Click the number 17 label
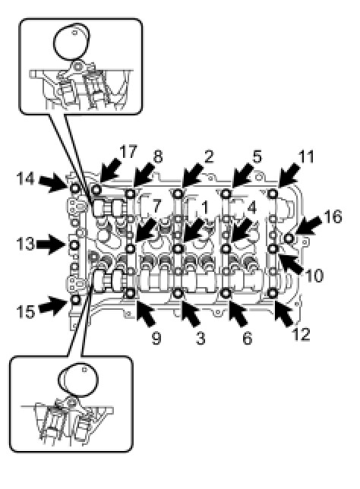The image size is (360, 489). click(128, 152)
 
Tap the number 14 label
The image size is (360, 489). click(25, 179)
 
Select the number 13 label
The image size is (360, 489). click(25, 244)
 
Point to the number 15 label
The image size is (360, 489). click(25, 311)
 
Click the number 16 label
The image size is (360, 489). click(333, 216)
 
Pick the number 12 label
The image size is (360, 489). click(301, 334)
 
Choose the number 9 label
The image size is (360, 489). click(156, 338)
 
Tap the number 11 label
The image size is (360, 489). click(306, 156)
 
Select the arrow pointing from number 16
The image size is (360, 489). click(308, 227)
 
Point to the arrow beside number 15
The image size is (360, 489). click(54, 305)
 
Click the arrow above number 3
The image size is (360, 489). click(189, 313)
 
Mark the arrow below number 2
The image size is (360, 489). click(194, 175)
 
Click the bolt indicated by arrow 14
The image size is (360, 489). click(75, 188)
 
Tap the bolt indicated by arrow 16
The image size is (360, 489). click(289, 238)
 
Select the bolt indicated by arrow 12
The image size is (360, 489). click(273, 293)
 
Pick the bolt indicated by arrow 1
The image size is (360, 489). click(178, 248)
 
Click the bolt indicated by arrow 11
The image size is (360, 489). click(273, 194)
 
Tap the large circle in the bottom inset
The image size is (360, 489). click(78, 379)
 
